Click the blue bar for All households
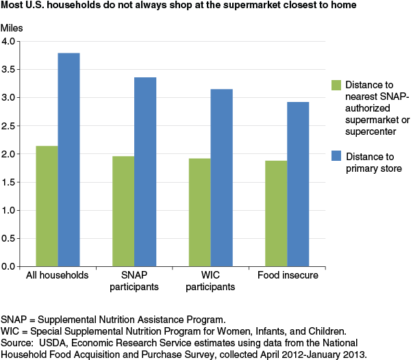click(x=68, y=159)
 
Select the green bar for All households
click(x=47, y=206)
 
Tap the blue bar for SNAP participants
click(x=145, y=172)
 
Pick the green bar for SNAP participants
click(x=123, y=211)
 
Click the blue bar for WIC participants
click(x=222, y=178)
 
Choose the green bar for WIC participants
click(x=200, y=212)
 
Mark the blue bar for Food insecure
click(x=298, y=184)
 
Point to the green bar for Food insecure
click(x=276, y=214)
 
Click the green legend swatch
click(x=336, y=86)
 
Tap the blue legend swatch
click(x=336, y=156)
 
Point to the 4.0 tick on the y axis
click(x=18, y=41)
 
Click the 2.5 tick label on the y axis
click(x=8, y=126)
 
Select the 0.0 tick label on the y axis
click(x=8, y=267)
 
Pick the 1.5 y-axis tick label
click(x=8, y=182)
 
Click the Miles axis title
click(x=12, y=28)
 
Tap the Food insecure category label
click(x=288, y=275)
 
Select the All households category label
click(x=57, y=275)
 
